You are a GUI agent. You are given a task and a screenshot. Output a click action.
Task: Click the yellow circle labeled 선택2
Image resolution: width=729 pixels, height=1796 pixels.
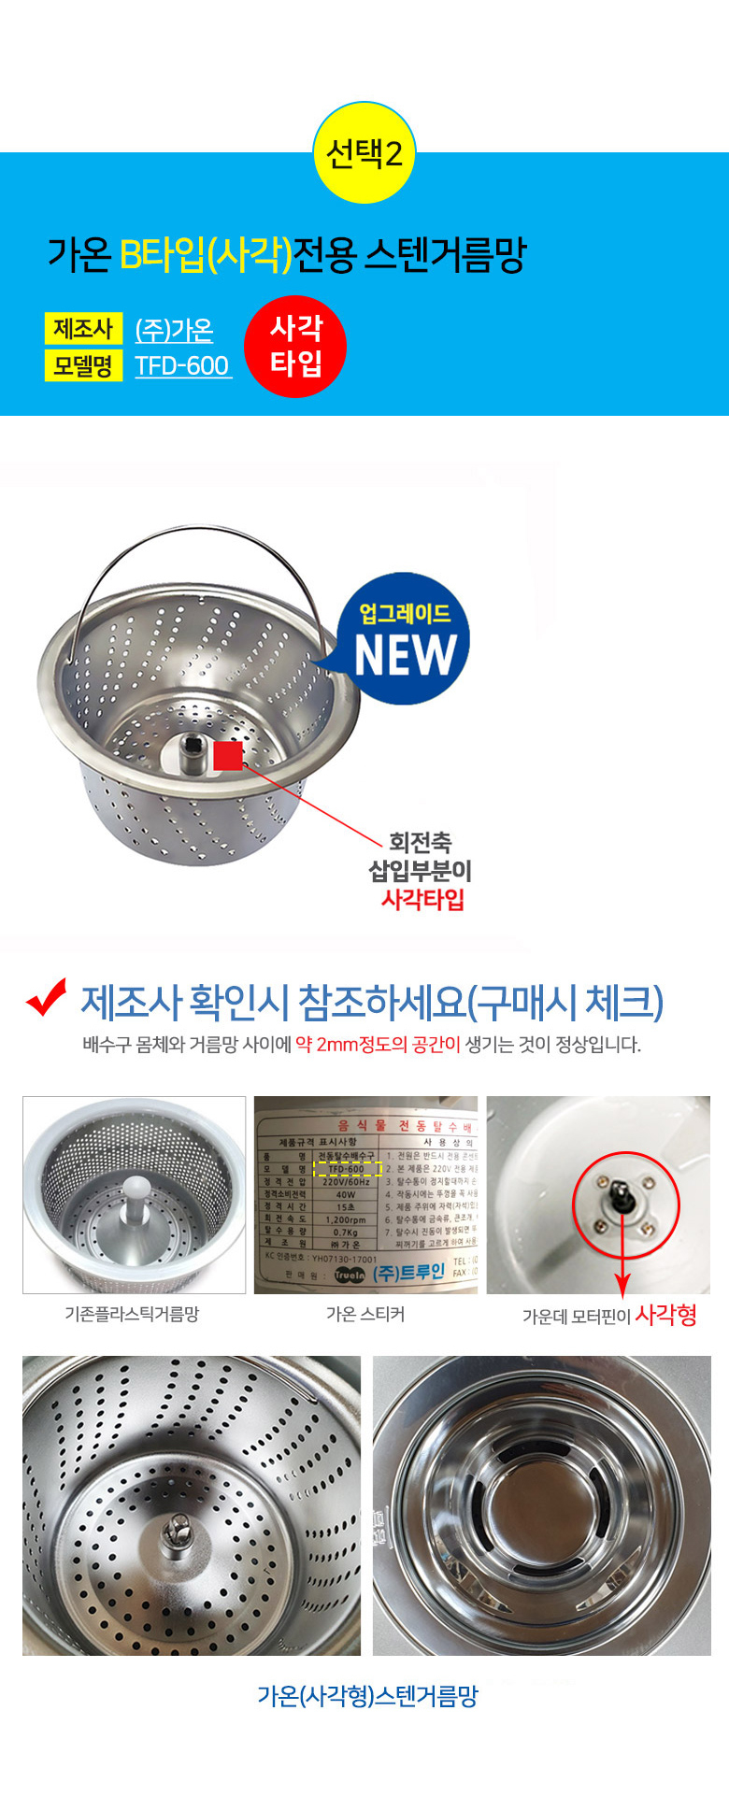pos(364,152)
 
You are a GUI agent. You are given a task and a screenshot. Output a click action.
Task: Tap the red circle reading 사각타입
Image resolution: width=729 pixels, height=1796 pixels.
pos(295,346)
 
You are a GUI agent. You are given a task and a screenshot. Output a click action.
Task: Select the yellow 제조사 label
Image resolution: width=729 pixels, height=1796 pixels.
pos(83,329)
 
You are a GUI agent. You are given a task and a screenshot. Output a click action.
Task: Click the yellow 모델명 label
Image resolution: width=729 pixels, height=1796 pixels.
pos(83,364)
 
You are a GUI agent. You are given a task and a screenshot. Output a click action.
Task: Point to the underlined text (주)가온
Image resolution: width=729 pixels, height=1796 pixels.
pos(175,330)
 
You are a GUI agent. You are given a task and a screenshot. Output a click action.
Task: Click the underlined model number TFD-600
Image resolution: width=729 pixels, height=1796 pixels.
pos(183,365)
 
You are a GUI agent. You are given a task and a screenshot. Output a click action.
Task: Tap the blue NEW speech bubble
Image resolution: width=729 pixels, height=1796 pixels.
pos(404,641)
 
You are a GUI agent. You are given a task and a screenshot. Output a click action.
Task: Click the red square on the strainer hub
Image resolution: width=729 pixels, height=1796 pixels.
pos(228,755)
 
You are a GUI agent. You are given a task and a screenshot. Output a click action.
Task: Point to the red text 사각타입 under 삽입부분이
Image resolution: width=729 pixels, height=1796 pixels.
pos(422,900)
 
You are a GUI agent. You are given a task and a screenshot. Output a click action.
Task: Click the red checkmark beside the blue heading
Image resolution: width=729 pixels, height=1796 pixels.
pos(47,997)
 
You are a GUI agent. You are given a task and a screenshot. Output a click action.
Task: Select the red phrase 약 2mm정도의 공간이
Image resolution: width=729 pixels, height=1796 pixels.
pos(378,1045)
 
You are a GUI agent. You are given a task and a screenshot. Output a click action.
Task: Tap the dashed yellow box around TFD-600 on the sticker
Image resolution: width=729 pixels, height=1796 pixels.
pos(347,1169)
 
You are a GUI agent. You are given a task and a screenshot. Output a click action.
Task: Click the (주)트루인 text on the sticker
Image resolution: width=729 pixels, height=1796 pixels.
pos(408,1273)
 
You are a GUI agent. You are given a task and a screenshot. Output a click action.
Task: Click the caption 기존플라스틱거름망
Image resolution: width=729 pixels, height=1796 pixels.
pos(132,1314)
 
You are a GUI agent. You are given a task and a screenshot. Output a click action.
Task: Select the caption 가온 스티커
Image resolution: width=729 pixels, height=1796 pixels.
pos(365,1314)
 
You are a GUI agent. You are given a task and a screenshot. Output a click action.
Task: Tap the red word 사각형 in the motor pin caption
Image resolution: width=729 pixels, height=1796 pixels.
pos(665,1315)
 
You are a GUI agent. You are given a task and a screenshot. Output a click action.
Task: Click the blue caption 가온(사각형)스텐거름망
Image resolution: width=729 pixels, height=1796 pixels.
pos(367,1696)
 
